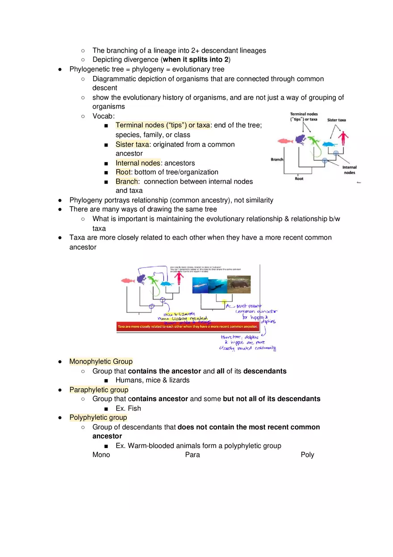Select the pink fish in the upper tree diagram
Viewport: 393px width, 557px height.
pos(284,141)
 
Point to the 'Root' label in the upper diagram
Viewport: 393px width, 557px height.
pos(299,179)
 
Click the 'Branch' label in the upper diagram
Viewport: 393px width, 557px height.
pos(277,159)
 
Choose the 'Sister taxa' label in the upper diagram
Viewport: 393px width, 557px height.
pos(336,120)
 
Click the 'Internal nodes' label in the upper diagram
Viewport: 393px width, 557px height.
pos(349,170)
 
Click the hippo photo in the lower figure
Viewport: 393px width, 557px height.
pos(239,284)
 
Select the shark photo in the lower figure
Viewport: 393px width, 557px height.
pos(201,285)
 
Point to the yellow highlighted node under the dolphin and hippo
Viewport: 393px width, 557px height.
pos(224,302)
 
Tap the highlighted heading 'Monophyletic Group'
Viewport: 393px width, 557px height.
pos(101,361)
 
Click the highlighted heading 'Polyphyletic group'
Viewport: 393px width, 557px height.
pos(98,417)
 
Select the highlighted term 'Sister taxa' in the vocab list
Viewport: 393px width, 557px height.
pos(132,144)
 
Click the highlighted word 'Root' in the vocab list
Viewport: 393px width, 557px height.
pos(123,172)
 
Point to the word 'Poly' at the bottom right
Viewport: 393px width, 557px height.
pos(307,455)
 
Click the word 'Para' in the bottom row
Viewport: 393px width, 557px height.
pos(192,455)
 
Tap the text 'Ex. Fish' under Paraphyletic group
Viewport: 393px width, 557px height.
pos(128,408)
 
